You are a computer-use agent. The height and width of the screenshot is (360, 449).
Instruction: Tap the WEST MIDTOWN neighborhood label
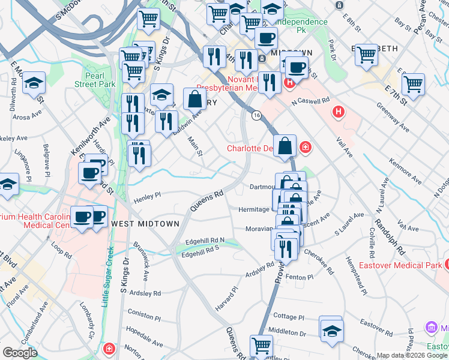(x=145, y=223)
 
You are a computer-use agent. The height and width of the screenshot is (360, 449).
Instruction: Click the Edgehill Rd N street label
(x=205, y=240)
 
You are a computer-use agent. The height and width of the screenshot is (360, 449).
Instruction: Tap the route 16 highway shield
(x=256, y=115)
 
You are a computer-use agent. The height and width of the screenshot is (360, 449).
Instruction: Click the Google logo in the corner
(x=20, y=353)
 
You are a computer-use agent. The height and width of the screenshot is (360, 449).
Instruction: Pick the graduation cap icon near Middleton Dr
(x=331, y=330)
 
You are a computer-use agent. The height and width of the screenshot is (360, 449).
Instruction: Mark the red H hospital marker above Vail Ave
(x=339, y=112)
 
